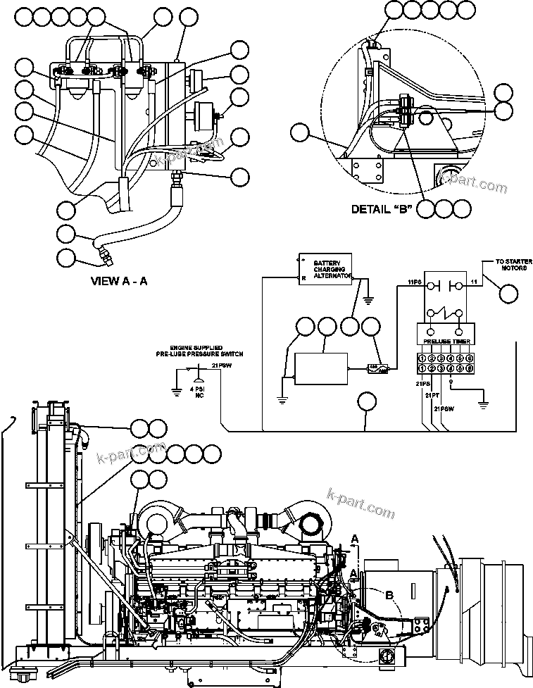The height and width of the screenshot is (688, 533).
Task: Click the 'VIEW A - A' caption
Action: click(119, 280)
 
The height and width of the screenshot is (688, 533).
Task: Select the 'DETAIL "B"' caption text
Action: click(381, 209)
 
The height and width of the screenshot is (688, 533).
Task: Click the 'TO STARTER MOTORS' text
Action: click(503, 264)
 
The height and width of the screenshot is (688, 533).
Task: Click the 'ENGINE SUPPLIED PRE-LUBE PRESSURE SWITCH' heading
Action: click(200, 351)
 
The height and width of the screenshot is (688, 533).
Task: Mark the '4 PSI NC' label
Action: click(199, 393)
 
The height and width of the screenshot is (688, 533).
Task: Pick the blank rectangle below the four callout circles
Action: click(320, 368)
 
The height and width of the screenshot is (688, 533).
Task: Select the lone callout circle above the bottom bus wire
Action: click(368, 403)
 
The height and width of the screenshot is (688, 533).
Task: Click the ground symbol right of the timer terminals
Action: click(482, 405)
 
